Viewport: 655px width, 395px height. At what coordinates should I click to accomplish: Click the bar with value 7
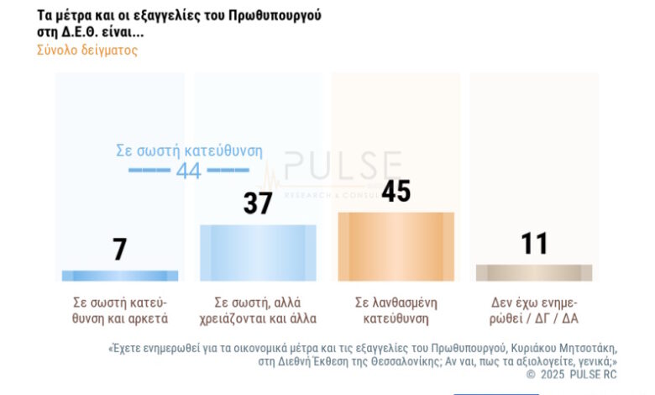tap(120, 276)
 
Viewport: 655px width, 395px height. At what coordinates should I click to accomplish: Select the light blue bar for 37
tap(258, 252)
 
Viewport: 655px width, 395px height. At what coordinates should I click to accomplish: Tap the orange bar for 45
tap(396, 246)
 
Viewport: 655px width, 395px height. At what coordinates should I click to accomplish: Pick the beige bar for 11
tap(533, 272)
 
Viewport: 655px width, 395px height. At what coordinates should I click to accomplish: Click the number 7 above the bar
tap(120, 249)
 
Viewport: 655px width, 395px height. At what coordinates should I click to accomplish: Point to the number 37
tap(258, 203)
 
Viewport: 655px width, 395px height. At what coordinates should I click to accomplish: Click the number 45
tap(396, 191)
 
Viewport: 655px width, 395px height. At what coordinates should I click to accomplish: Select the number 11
tap(534, 244)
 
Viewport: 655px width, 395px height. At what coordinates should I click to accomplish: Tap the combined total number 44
tap(188, 171)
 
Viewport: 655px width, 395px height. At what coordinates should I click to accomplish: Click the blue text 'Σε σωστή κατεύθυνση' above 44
tap(189, 151)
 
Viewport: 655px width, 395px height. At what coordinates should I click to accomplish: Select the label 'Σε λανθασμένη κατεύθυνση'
tap(396, 310)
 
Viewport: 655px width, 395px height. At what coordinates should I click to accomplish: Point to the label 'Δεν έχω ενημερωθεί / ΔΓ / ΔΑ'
tap(534, 310)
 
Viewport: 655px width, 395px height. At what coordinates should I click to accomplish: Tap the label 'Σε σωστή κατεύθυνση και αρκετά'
tap(121, 310)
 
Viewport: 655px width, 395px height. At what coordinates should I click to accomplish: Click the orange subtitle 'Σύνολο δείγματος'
tap(87, 50)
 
